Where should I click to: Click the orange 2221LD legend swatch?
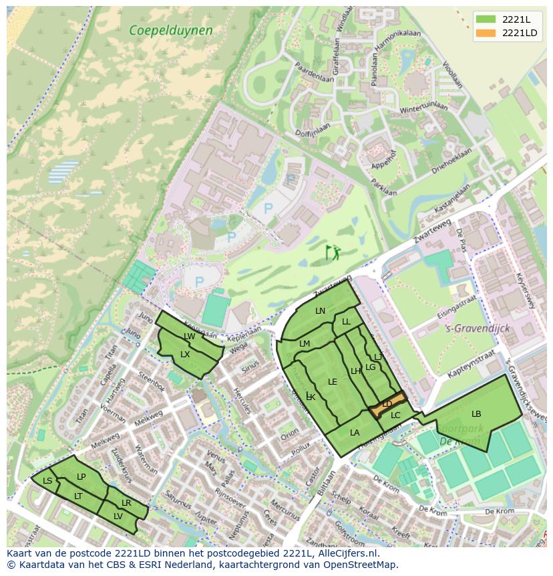click(486, 33)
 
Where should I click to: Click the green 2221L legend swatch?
click(486, 19)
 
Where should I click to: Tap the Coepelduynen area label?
click(171, 30)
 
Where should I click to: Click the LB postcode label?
click(476, 413)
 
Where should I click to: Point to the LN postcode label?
click(320, 311)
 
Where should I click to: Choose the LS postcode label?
click(47, 480)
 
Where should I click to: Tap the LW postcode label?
click(189, 337)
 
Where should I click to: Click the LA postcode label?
click(355, 433)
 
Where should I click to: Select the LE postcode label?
click(333, 382)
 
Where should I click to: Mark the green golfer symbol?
click(332, 252)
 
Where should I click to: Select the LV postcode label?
click(118, 516)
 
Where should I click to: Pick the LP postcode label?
click(81, 476)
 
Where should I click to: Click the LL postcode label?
click(346, 322)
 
